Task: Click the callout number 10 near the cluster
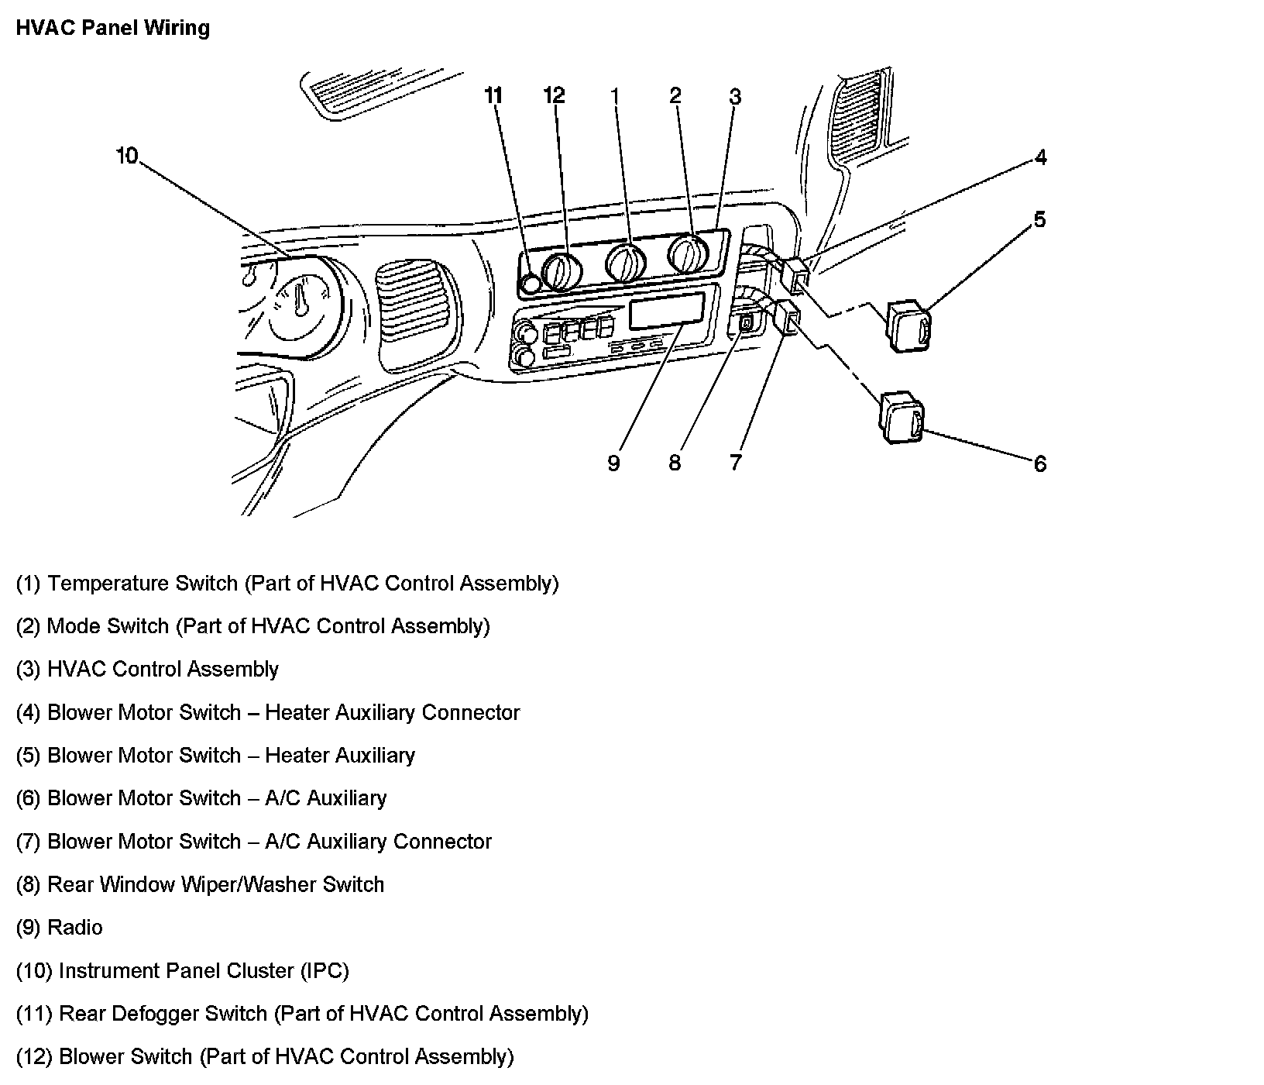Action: pos(126,157)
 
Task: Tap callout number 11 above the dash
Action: pos(493,95)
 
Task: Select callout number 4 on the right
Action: pos(1040,158)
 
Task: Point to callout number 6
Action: pos(1039,464)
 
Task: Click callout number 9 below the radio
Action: pos(613,463)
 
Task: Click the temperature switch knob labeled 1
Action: pos(625,262)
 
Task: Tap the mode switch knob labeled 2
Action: pos(688,252)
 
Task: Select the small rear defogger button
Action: pos(531,284)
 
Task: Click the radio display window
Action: pos(667,312)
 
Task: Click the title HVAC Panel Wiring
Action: pos(113,29)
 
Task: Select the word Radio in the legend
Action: pos(75,928)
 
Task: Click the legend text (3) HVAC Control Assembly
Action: pos(147,670)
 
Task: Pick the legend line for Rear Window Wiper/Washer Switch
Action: pos(200,885)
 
